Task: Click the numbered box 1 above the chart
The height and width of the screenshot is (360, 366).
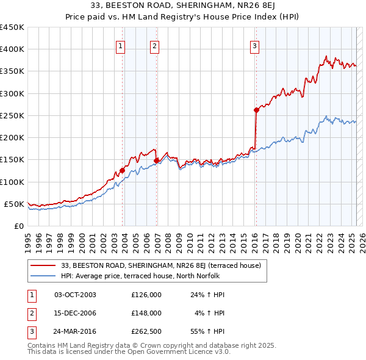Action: pyautogui.click(x=120, y=45)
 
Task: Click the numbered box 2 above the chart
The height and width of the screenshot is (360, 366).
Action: pyautogui.click(x=155, y=45)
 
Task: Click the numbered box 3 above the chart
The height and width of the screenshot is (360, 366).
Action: pyautogui.click(x=254, y=45)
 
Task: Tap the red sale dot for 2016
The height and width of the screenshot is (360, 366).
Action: pyautogui.click(x=256, y=110)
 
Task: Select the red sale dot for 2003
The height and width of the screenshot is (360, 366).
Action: pyautogui.click(x=122, y=170)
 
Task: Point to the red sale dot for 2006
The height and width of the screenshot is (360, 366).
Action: pyautogui.click(x=157, y=160)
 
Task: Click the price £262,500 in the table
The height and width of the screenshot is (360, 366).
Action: pyautogui.click(x=146, y=333)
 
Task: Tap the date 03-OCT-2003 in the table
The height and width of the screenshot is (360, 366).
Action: pyautogui.click(x=75, y=295)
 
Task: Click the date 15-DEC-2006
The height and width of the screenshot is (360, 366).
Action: pyautogui.click(x=75, y=314)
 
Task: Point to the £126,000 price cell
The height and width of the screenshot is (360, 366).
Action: pyautogui.click(x=146, y=295)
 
